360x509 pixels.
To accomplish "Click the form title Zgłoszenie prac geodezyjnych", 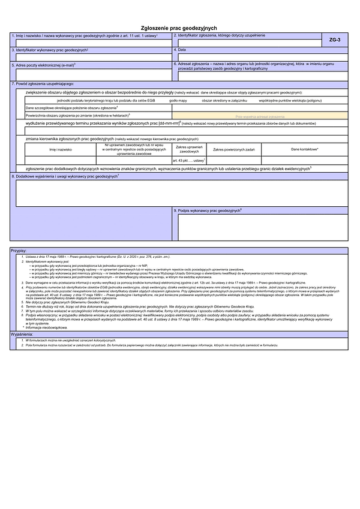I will pyautogui.click(x=178, y=28).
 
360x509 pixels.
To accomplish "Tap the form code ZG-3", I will pyautogui.click(x=334, y=40).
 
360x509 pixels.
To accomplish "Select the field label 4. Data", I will pyautogui.click(x=182, y=50).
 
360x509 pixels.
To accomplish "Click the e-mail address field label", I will pyautogui.click(x=44, y=64).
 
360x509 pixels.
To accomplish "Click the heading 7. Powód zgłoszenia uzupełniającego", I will pyautogui.click(x=43, y=84).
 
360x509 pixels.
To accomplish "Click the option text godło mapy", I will pyautogui.click(x=178, y=101).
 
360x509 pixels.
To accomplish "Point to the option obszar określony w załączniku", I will pyautogui.click(x=224, y=101).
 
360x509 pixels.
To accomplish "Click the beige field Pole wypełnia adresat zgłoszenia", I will pyautogui.click(x=260, y=115).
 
